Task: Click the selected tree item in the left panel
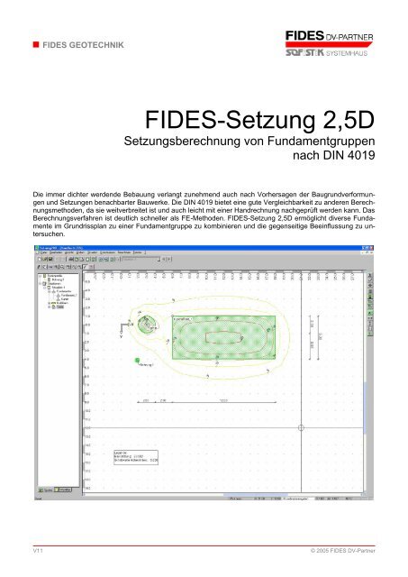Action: coord(62,307)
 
